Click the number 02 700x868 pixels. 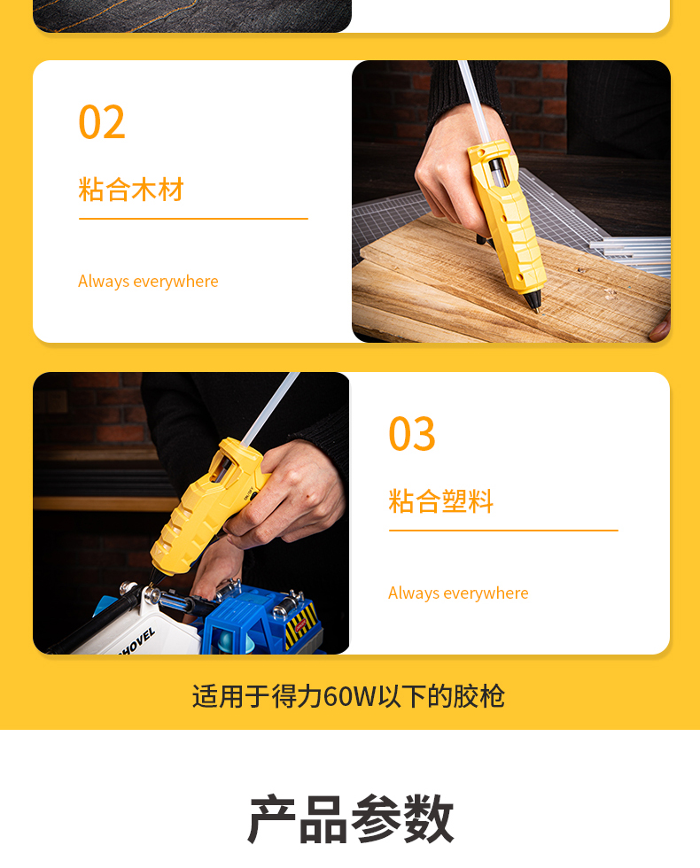coord(102,122)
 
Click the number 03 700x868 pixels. coord(412,433)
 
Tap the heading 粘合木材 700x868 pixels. coord(131,190)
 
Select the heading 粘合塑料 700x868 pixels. coord(441,501)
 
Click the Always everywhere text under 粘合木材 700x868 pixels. coord(148,282)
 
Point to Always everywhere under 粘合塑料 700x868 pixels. coord(458,593)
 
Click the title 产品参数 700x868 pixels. coord(350,818)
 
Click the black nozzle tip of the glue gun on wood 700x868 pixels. coord(533,303)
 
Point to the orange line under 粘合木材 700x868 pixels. coord(193,219)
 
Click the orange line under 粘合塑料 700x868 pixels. coord(503,531)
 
